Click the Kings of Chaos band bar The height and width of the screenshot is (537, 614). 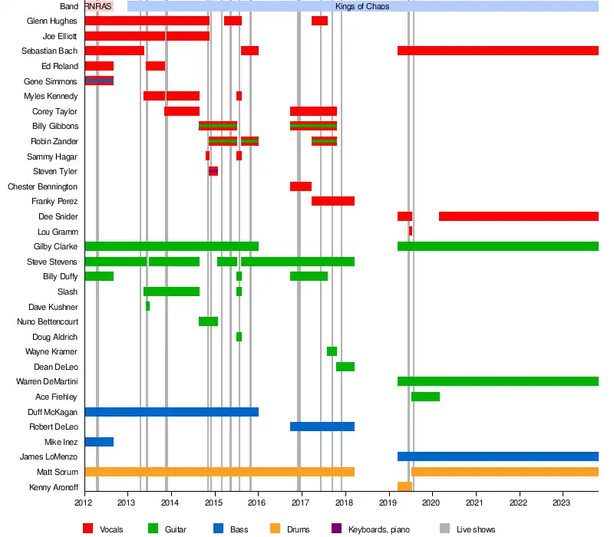point(362,6)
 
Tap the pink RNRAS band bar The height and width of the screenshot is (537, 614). point(98,6)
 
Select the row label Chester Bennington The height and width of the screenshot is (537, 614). point(42,186)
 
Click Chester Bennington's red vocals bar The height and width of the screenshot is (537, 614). point(300,186)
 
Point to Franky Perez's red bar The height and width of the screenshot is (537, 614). point(332,201)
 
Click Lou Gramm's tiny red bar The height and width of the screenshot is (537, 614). point(411,231)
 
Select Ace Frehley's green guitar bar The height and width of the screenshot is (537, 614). point(425,397)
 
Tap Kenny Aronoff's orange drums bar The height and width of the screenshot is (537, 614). point(404,486)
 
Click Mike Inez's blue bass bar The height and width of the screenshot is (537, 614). point(99,442)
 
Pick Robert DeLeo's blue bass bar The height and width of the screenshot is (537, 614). point(322,427)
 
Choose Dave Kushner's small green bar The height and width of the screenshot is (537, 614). point(147,306)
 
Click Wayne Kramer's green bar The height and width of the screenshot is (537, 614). point(332,351)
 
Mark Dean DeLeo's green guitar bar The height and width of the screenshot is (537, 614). point(345,367)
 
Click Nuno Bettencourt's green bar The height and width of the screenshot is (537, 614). point(208,321)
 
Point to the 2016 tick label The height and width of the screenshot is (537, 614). point(258,503)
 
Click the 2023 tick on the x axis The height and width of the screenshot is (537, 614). point(563,503)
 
